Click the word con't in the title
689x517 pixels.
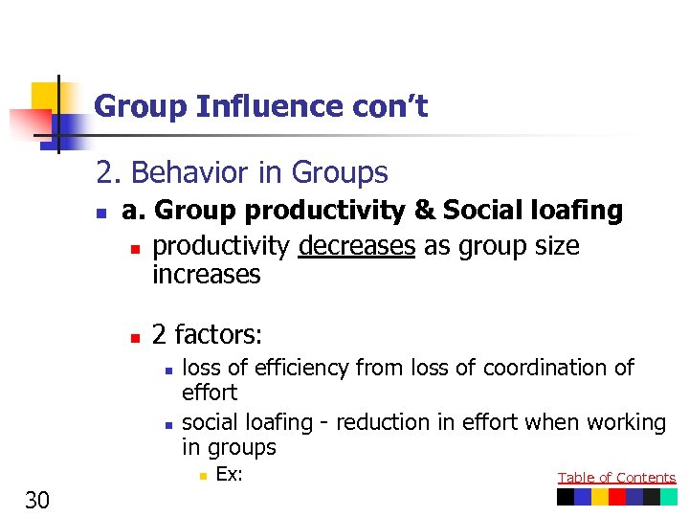click(x=393, y=107)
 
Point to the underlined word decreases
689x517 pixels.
click(x=357, y=247)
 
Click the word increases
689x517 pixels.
click(x=207, y=276)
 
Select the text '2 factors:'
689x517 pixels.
click(x=207, y=335)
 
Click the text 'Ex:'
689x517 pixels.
click(x=229, y=474)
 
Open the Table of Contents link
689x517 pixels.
click(x=616, y=478)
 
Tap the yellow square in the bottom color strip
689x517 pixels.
click(x=600, y=497)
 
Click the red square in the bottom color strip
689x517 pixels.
click(x=617, y=497)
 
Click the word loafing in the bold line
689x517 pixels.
click(x=573, y=211)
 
